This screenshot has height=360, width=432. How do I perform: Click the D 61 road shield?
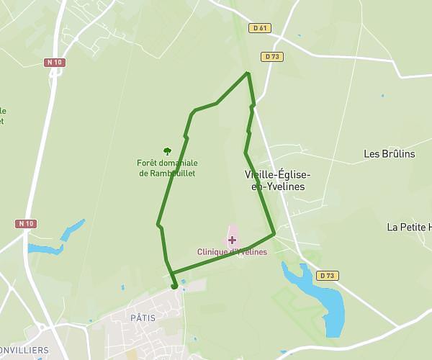(260, 28)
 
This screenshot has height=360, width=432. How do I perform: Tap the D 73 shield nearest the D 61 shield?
(271, 56)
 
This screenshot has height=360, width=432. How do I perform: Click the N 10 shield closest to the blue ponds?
(26, 223)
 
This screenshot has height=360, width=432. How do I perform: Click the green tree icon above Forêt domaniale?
(167, 151)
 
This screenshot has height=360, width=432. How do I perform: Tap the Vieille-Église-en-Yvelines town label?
(278, 181)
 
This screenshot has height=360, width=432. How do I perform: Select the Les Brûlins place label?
(390, 153)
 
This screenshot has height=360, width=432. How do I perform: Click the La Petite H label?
(408, 227)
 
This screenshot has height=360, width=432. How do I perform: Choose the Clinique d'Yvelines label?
(232, 252)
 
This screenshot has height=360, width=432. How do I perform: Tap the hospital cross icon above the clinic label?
(232, 240)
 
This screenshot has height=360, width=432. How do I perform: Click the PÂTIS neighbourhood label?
(143, 317)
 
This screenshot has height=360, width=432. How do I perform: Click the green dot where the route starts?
(174, 286)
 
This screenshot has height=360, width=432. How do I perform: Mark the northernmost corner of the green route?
(248, 73)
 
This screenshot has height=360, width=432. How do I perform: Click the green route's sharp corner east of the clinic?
(274, 233)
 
